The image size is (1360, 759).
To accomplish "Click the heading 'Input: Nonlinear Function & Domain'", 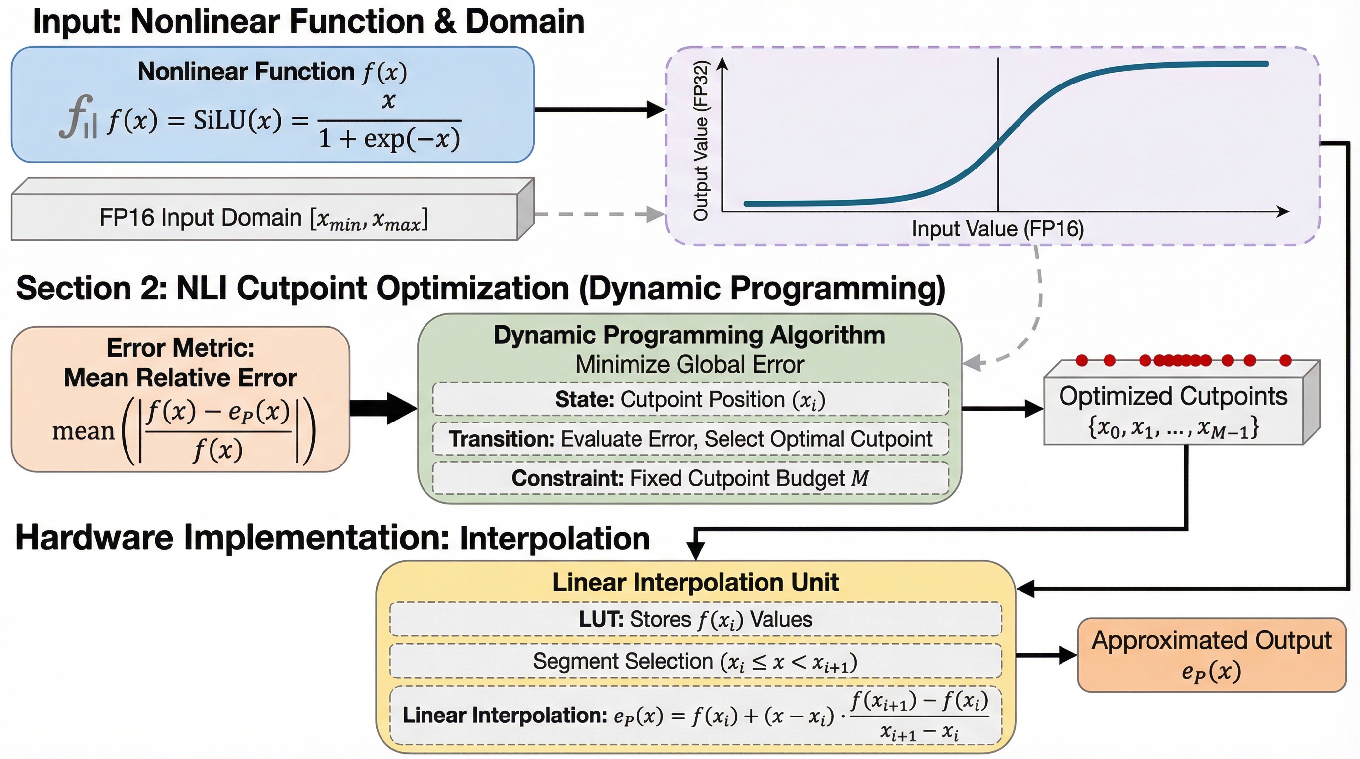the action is point(308,22).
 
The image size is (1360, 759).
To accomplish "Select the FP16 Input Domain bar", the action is point(272,210).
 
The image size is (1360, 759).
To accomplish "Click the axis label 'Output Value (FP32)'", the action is point(701,140).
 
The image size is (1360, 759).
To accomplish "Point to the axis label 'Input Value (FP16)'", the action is point(998,229).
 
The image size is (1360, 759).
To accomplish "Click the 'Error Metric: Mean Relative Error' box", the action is point(180,399).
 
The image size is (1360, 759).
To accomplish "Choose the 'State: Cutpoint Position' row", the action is point(690,400).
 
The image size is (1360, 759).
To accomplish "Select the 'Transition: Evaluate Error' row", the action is point(690,439).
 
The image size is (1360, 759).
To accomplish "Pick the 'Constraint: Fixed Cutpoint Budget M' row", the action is point(690,478).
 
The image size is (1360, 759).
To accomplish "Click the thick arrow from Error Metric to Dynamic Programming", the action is point(384,408).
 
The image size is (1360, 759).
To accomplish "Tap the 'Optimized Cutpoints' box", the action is point(1182,403).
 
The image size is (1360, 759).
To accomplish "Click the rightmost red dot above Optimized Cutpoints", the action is point(1285,361).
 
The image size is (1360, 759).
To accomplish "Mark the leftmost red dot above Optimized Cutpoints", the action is point(1082,361).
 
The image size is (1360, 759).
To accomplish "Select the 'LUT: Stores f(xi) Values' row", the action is point(696,619).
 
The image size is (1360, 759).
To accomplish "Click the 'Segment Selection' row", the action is point(696,661).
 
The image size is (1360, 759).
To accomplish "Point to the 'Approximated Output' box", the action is point(1212,655).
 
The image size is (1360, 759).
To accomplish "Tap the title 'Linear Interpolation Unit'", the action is point(695,582).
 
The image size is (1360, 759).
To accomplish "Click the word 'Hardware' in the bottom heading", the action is point(94,539).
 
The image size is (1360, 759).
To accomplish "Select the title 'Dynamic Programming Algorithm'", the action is point(689,335).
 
